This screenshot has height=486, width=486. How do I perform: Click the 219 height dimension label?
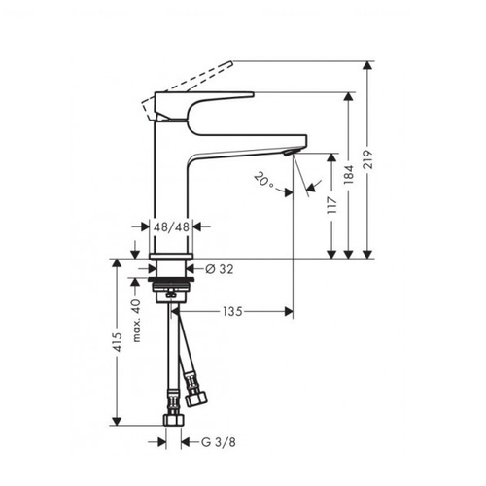[x=368, y=159]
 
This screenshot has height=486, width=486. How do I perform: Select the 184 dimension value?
[x=349, y=175]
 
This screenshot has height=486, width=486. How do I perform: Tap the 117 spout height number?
[x=332, y=204]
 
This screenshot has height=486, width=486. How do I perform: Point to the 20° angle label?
[x=264, y=180]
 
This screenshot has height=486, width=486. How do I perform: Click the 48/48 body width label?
[x=171, y=227]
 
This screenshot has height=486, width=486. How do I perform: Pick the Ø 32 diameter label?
[x=220, y=269]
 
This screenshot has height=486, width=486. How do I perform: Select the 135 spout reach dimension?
[x=232, y=312]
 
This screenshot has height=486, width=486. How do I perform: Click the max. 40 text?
[x=137, y=321]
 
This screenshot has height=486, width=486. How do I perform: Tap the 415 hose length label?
[x=117, y=342]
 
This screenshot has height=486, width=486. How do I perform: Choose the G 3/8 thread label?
[x=219, y=442]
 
